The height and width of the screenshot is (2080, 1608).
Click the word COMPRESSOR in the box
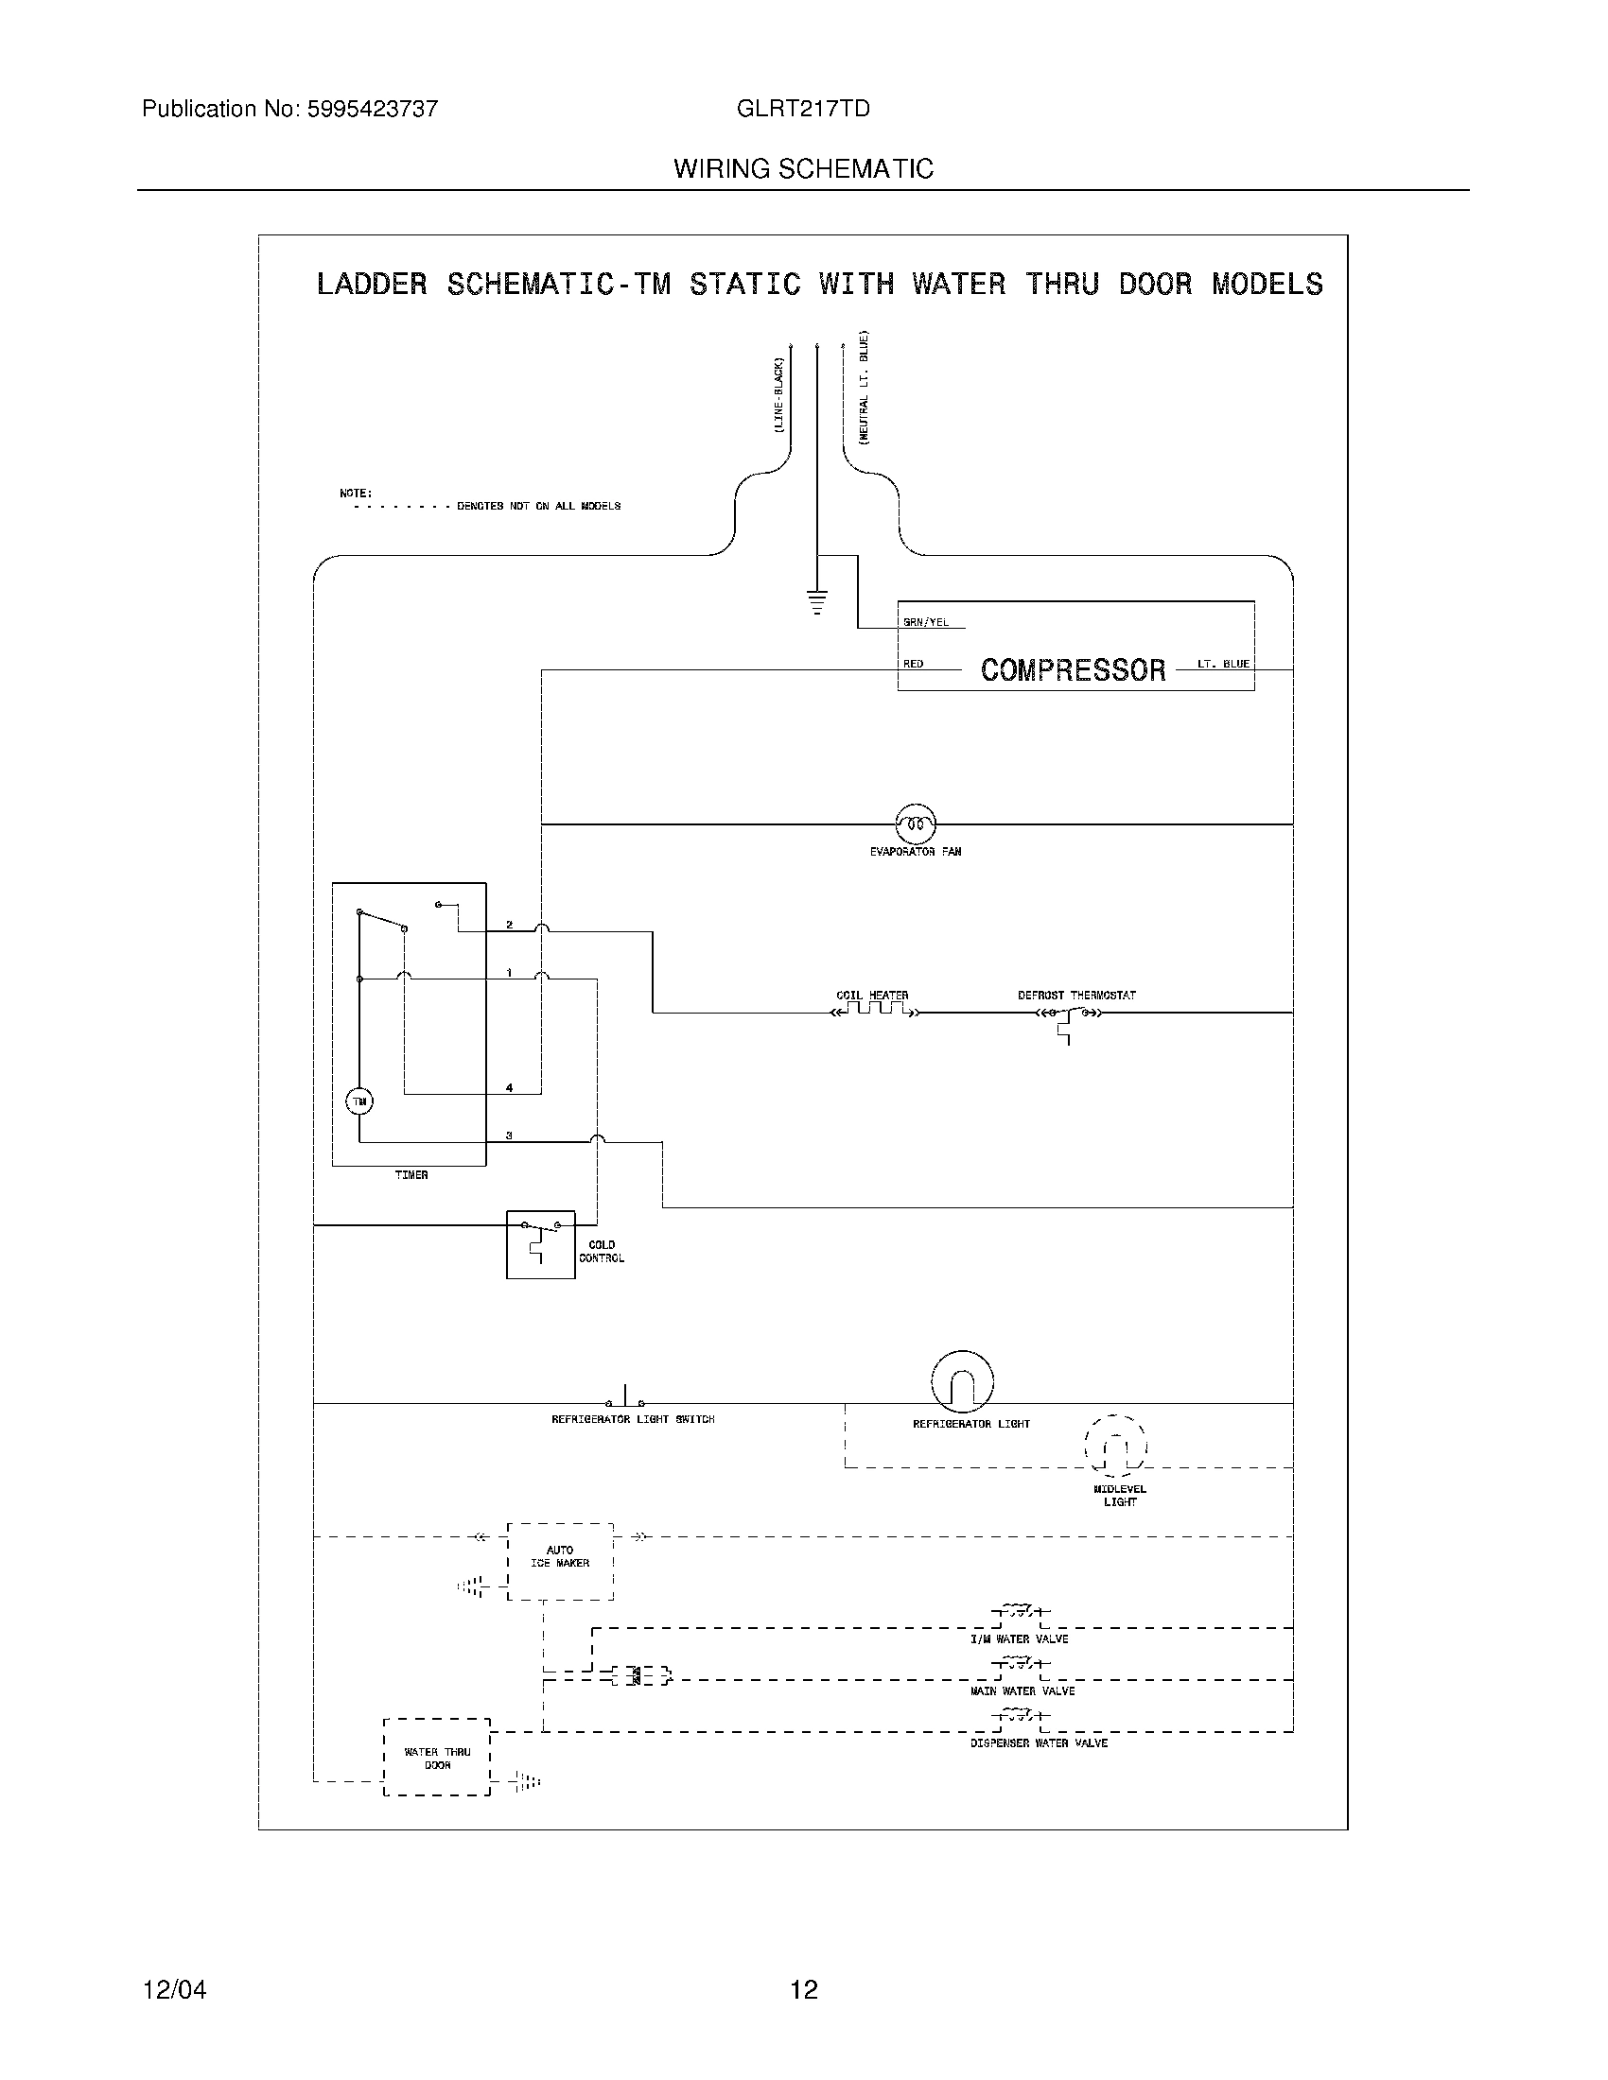coord(1073,670)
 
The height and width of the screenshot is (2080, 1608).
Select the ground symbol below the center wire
coord(816,602)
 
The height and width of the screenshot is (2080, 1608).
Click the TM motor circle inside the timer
coord(359,1101)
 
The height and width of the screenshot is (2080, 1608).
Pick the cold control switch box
coord(540,1244)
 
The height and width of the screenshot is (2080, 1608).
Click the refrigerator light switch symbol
coord(625,1400)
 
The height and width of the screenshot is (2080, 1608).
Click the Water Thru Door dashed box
coord(437,1758)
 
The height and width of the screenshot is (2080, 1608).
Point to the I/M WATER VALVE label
coord(1020,1639)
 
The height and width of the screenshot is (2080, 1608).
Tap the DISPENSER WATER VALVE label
coord(1040,1742)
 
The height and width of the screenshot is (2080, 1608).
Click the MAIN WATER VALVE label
coord(1022,1691)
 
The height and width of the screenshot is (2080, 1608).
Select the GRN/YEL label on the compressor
coord(926,623)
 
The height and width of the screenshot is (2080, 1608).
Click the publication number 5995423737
coord(372,110)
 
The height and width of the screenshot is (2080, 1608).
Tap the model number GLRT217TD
coord(803,110)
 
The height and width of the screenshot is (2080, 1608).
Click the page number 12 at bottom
coord(804,1990)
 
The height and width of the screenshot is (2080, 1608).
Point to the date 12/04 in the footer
coord(174,1990)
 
